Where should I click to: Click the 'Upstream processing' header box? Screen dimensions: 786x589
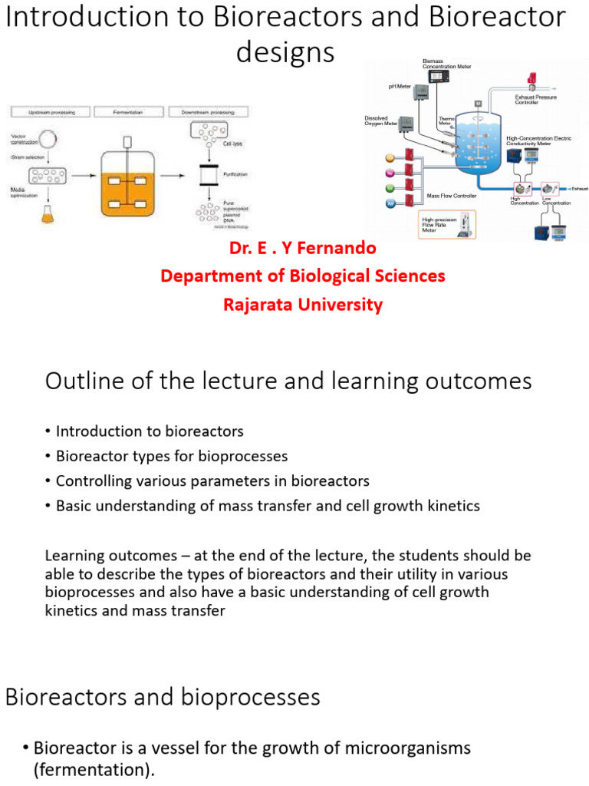[51, 112]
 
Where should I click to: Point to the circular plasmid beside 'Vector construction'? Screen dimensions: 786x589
[48, 140]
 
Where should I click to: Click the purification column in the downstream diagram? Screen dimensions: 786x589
[205, 176]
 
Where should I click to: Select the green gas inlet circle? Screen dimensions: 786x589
[390, 188]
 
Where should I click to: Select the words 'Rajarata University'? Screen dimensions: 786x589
[302, 305]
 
